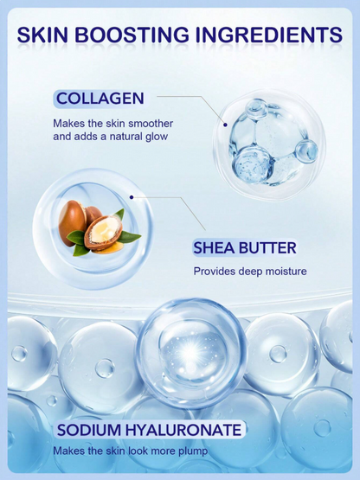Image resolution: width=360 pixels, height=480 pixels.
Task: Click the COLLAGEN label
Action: tap(100, 99)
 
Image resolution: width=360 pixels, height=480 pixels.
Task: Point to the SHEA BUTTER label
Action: tap(245, 249)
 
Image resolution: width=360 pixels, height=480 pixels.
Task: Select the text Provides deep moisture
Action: tap(250, 272)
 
